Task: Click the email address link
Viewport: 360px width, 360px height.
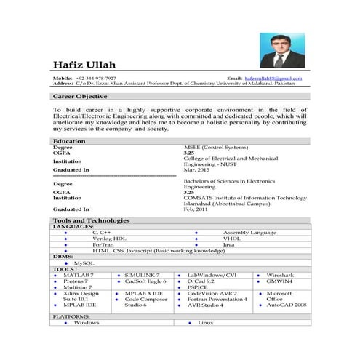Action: [x=273, y=78]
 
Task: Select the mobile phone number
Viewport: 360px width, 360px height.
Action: [x=95, y=78]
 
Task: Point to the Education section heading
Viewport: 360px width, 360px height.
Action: [x=69, y=140]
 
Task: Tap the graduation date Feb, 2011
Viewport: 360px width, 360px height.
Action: [x=195, y=209]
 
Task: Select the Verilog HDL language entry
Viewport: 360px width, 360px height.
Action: [x=109, y=238]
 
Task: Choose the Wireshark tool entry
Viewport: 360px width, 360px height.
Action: [x=280, y=275]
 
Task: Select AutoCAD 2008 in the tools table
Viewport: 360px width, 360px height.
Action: [x=286, y=305]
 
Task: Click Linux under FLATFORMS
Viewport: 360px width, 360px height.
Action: [x=205, y=322]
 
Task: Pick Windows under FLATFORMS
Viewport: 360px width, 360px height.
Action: [x=87, y=322]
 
